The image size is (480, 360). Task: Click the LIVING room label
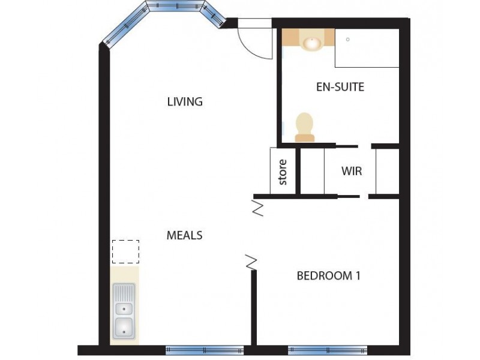point(185,101)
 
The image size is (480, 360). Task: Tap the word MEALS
point(184,235)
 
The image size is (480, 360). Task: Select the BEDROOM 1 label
point(328,276)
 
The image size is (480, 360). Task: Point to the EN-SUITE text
point(340,87)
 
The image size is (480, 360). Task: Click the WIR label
point(352,171)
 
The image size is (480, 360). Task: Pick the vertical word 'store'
point(283,172)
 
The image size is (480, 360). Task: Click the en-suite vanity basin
point(311,42)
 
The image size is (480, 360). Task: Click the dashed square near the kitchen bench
point(125,251)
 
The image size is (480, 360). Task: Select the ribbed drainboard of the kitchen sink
point(124,293)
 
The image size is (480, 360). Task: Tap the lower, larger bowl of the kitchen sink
point(124,328)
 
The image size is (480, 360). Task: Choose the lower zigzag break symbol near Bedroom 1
point(251,262)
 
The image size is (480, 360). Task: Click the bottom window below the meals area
point(205,350)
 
